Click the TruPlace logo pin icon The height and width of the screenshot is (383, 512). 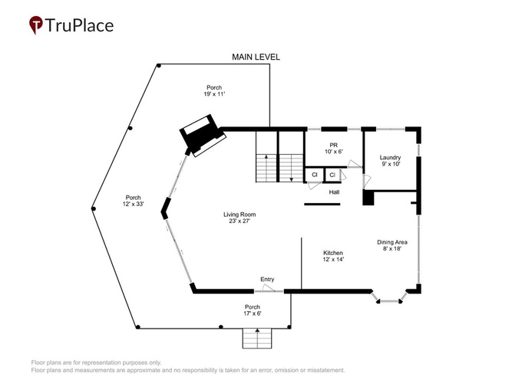[x=36, y=25]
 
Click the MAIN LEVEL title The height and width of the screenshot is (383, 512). [x=256, y=57]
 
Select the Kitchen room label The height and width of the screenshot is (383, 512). [x=333, y=253]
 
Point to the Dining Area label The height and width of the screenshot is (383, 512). [x=392, y=242]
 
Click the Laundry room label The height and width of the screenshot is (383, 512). [x=390, y=158]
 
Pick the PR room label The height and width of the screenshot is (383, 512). [x=333, y=145]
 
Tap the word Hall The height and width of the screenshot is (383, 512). [x=334, y=192]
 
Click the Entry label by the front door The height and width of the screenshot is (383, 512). [x=267, y=280]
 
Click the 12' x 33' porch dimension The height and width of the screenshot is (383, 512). [x=134, y=204]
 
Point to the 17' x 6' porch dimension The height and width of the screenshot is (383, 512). [x=253, y=313]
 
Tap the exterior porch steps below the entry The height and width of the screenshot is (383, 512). [x=257, y=339]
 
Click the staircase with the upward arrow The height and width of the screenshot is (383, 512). [x=266, y=168]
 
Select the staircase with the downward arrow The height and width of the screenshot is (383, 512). [x=292, y=168]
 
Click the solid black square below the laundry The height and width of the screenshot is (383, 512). [x=368, y=198]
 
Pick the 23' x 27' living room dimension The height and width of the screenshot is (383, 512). [x=239, y=221]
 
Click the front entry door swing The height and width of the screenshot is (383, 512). [x=269, y=287]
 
